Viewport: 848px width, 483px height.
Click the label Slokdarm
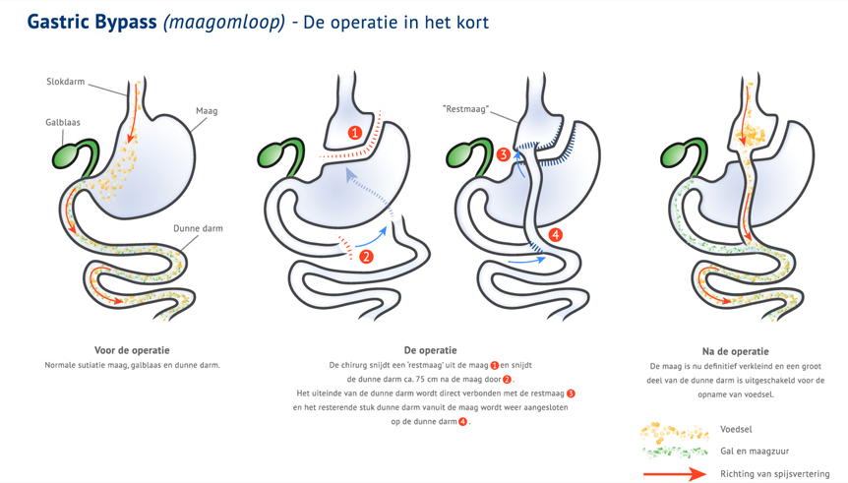point(65,82)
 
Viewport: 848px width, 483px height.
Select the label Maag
point(207,111)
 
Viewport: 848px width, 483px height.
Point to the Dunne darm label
point(198,228)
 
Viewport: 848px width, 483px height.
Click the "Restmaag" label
point(466,110)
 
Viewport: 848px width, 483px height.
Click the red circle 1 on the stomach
point(355,132)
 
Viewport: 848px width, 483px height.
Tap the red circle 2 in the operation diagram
point(366,257)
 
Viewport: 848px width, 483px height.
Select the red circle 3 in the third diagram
point(504,154)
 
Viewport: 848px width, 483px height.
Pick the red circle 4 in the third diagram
point(556,235)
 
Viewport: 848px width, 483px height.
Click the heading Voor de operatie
point(132,350)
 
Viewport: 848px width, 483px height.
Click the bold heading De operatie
point(430,350)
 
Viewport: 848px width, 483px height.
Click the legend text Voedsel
point(736,430)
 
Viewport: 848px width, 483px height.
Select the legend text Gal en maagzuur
point(754,452)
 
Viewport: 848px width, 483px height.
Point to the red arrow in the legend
point(674,473)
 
